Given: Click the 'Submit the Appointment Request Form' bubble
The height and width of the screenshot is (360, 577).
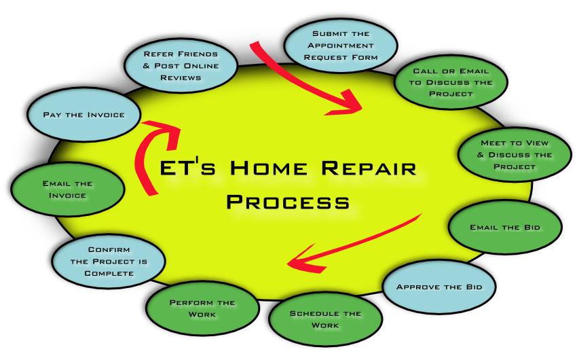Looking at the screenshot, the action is coord(341,46).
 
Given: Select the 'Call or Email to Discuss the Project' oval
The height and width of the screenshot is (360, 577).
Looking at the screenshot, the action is coord(451,82).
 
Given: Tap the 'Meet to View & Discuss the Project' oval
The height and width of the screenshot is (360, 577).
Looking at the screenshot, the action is coord(515,155).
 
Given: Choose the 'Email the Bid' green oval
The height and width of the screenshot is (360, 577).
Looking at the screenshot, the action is coord(505,227).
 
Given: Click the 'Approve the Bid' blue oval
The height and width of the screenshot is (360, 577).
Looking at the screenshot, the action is coord(439,287).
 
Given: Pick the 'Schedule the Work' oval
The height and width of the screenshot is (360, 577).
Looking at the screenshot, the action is coord(326,319).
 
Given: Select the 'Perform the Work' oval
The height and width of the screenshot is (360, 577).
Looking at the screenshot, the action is coord(202,308).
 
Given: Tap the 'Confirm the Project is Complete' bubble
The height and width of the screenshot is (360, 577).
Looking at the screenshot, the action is coord(109,262).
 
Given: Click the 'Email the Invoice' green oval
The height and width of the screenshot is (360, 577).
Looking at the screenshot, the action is coord(68,190).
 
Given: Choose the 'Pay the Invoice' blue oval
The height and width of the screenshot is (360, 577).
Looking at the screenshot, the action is coord(84,115).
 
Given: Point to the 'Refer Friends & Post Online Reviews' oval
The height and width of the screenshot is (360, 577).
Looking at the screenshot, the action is coord(181,65).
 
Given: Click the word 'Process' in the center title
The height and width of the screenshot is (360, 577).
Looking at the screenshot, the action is coord(288,202).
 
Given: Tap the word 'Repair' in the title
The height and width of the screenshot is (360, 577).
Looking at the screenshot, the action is coord(369,168).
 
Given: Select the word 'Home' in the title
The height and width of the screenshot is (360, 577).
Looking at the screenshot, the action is coord(269,168).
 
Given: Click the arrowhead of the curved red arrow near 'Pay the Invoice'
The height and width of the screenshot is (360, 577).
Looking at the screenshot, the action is coord(164,132).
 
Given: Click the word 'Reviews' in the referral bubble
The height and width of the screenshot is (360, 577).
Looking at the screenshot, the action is coord(181,77).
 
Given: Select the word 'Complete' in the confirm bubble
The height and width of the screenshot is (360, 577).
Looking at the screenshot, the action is coord(109,274).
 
